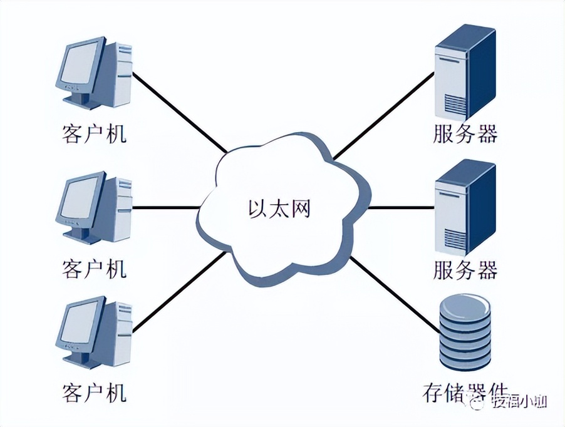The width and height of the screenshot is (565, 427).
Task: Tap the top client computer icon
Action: pyautogui.click(x=94, y=74)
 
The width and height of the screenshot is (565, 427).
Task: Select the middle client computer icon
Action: pyautogui.click(x=94, y=207)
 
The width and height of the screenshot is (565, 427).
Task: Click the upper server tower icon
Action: pyautogui.click(x=465, y=70)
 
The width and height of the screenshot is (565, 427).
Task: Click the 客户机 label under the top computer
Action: pyautogui.click(x=94, y=133)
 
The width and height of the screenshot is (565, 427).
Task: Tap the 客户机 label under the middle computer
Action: pyautogui.click(x=94, y=269)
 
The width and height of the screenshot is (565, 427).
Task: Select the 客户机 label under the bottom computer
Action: pyautogui.click(x=94, y=393)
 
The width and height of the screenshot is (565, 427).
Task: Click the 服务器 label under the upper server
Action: pyautogui.click(x=465, y=133)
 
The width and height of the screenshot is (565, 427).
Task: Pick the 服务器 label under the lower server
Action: pyautogui.click(x=465, y=270)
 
